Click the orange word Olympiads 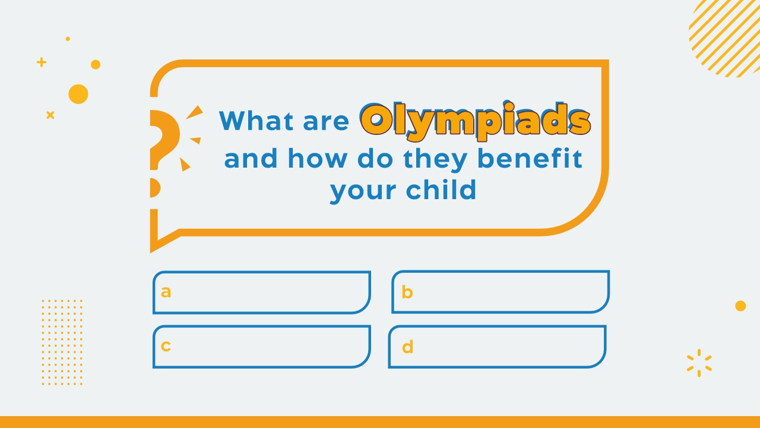pos(476,121)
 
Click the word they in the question pos(436,160)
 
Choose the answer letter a pos(166,292)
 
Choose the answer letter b pos(407,292)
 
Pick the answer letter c pos(166,346)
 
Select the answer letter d pos(407,347)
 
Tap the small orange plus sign pos(42,62)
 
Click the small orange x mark pos(50,115)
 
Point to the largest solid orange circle pos(78,94)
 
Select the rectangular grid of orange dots pos(62,342)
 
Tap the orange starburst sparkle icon pos(699,363)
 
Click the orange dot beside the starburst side pos(740,306)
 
